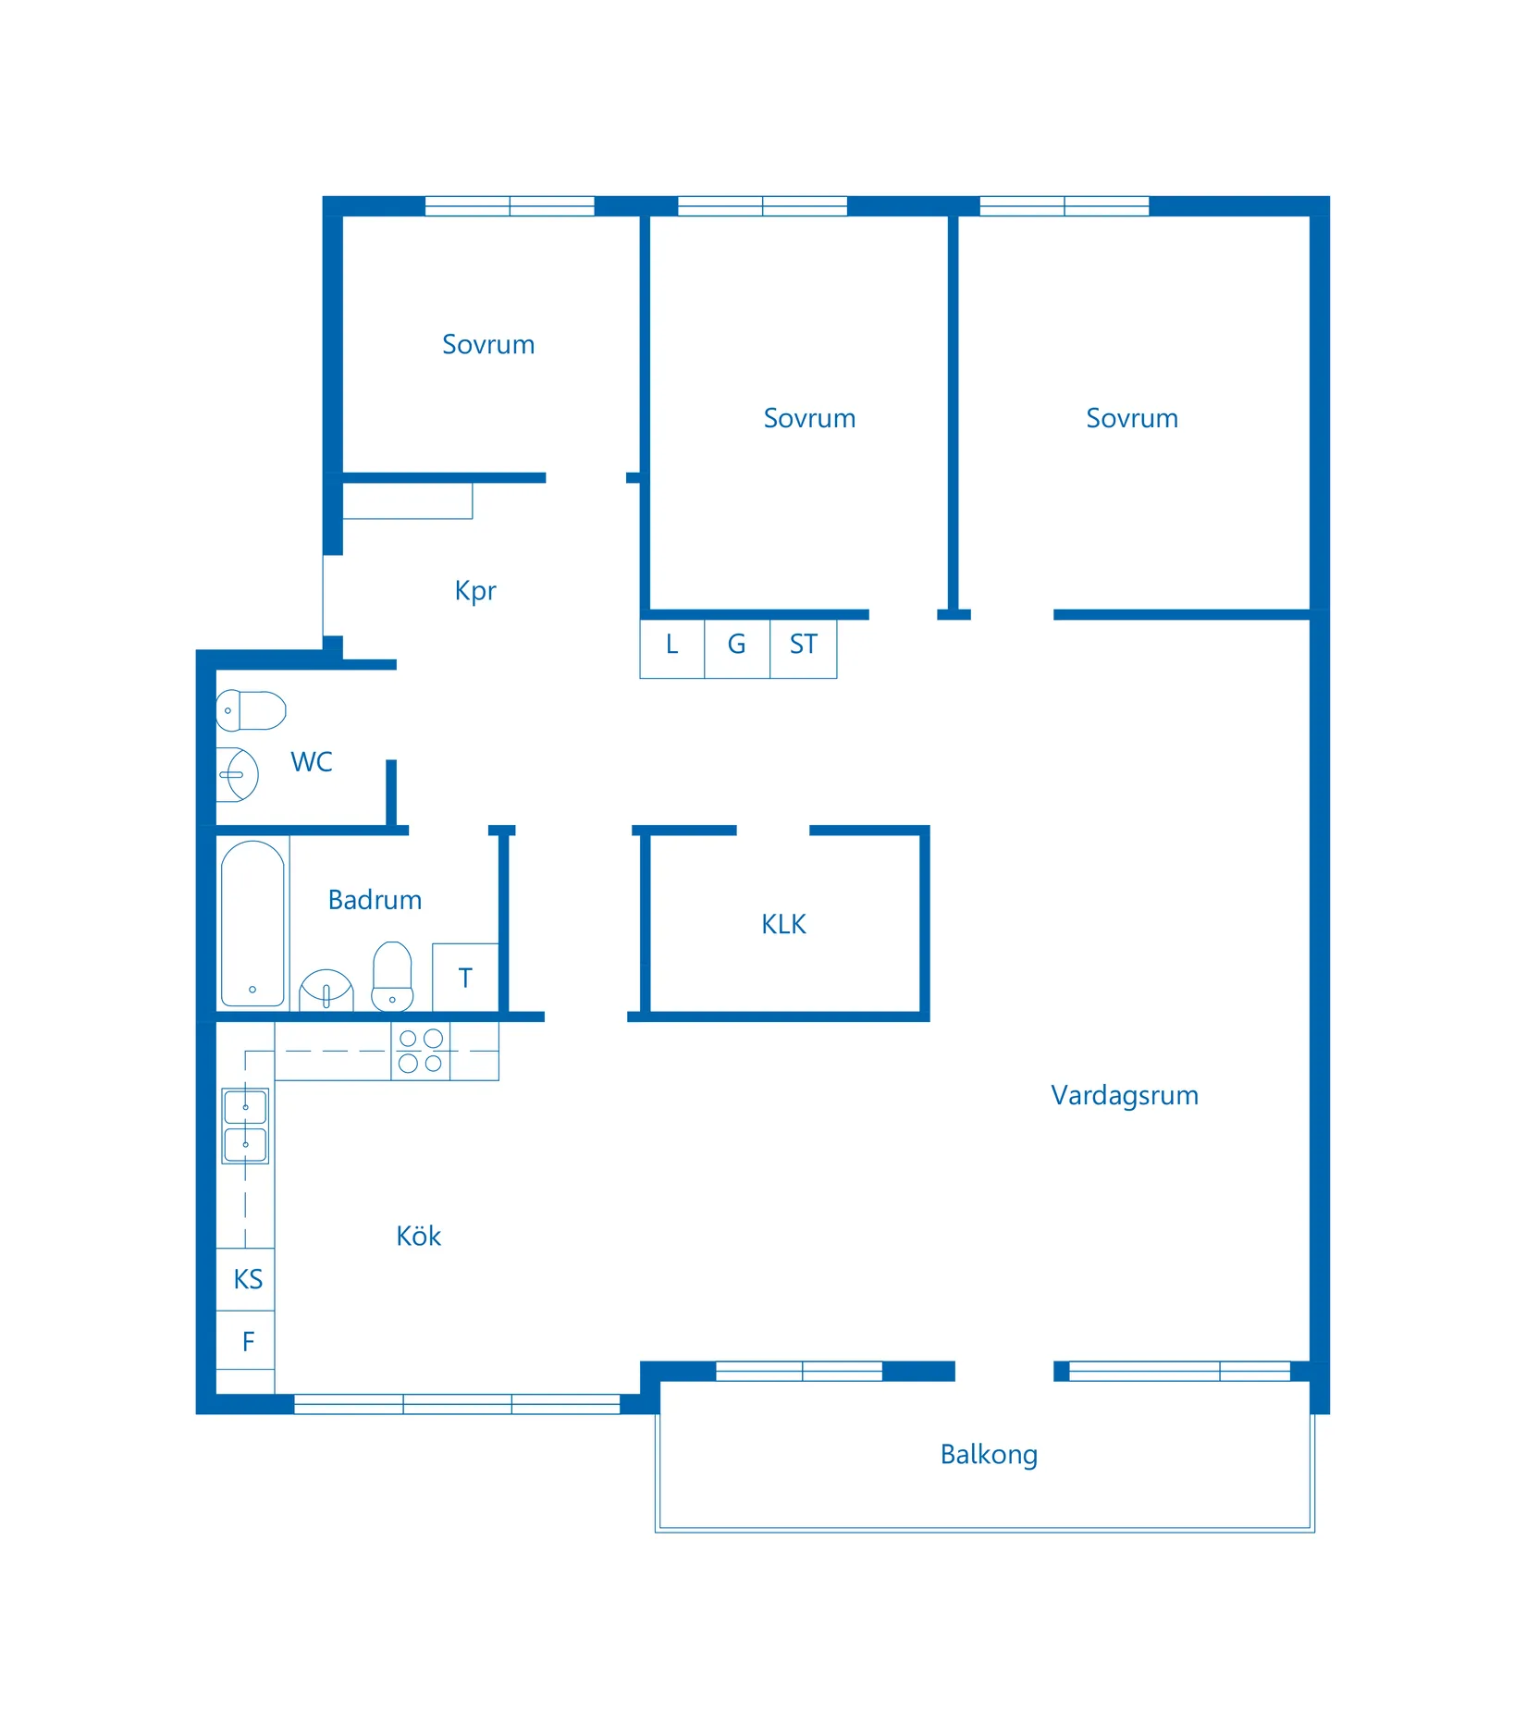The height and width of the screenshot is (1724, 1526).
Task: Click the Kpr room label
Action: coord(475,591)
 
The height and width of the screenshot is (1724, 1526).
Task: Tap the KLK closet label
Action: coord(783,924)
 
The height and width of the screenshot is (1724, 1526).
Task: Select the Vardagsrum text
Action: coord(1124,1095)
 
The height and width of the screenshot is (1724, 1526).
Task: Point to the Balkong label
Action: coord(989,1454)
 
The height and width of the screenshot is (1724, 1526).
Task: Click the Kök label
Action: coord(418,1237)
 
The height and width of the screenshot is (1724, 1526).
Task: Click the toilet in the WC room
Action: coord(251,710)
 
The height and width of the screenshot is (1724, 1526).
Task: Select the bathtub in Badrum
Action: coord(252,923)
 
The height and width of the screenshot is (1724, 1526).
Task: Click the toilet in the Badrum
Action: coord(392,977)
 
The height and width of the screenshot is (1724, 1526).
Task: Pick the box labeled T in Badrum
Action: coord(465,978)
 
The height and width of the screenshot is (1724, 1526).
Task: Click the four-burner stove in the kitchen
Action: coord(421,1051)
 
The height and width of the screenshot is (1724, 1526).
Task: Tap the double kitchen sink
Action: coord(245,1126)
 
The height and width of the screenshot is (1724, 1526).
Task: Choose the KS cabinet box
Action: coord(246,1279)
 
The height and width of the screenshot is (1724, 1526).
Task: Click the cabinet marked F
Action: coord(246,1340)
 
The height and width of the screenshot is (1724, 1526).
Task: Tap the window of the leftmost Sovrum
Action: coord(509,206)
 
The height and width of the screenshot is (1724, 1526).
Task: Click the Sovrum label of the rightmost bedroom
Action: coord(1131,418)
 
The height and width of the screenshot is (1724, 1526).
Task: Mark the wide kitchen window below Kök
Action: coord(457,1403)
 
